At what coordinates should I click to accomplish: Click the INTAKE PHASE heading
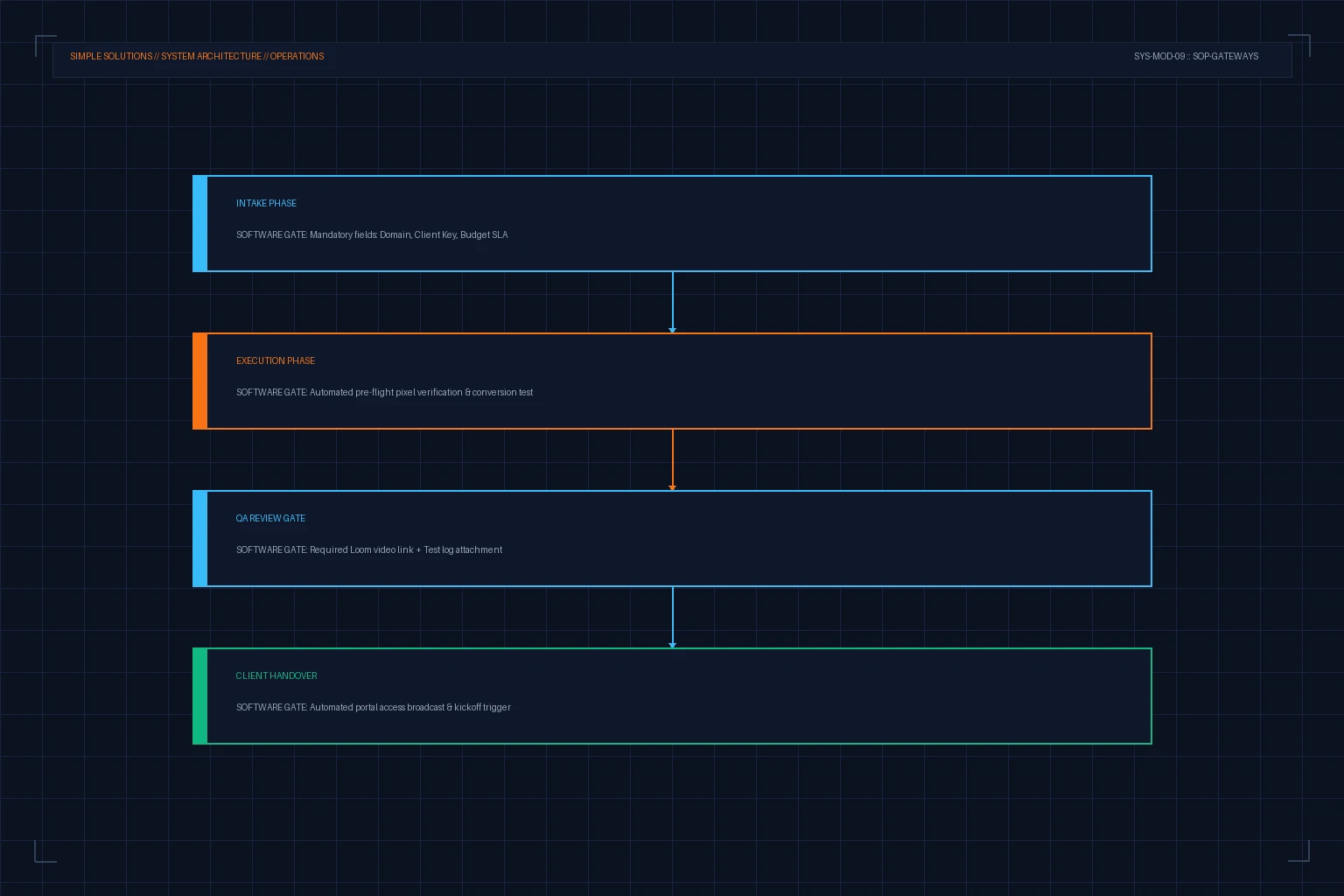coord(266,204)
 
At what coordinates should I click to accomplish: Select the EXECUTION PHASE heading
coord(276,360)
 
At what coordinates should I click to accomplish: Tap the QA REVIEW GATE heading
coord(270,518)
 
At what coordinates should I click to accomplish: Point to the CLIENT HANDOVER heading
coord(276,675)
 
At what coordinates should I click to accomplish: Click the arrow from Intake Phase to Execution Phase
coord(673,302)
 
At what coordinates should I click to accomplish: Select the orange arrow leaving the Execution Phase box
coord(673,459)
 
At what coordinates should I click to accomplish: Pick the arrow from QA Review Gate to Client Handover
coord(673,617)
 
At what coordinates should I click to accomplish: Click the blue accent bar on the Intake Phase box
coord(199,223)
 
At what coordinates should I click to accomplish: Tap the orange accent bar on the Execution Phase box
coord(199,381)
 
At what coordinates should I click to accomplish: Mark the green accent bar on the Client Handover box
coord(199,696)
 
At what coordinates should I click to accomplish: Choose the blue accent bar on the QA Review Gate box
coord(199,538)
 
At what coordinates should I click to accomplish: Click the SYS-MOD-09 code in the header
coord(1159,56)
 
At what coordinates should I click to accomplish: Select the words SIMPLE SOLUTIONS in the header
coord(111,56)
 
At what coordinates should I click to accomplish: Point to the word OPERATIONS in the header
coord(297,56)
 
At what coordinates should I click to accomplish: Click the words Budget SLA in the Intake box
coord(484,234)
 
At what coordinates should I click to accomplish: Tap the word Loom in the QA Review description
coord(360,549)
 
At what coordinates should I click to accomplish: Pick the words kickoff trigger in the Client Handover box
coord(482,707)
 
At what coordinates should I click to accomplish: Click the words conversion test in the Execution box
coord(502,393)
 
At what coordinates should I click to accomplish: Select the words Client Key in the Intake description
coord(436,234)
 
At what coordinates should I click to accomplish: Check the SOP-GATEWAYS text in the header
coord(1226,56)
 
